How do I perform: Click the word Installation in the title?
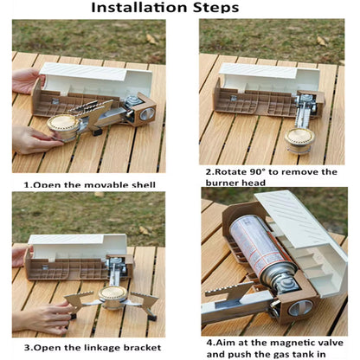coord(140,7)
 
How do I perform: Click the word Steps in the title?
coord(216,8)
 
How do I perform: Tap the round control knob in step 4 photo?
coord(300,308)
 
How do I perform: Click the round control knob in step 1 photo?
coord(146,114)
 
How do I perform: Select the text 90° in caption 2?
coord(257,172)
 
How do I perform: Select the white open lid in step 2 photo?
coord(270,79)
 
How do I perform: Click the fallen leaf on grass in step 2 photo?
coord(321,41)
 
